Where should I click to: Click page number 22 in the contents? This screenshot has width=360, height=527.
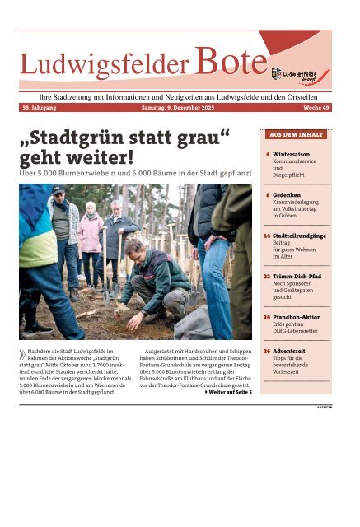pos(268,277)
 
